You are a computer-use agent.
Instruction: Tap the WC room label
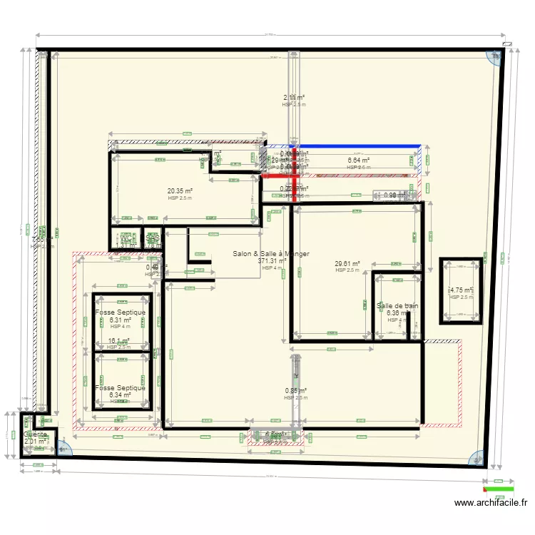pyautogui.click(x=126, y=239)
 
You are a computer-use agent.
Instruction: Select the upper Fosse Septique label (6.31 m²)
pyautogui.click(x=120, y=312)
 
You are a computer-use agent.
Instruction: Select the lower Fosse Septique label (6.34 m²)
pyautogui.click(x=120, y=388)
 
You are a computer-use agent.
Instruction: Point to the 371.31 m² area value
pyautogui.click(x=272, y=261)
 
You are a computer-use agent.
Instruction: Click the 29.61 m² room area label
pyautogui.click(x=347, y=263)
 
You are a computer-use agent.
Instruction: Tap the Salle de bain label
pyautogui.click(x=397, y=306)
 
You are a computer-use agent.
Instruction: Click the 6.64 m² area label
pyautogui.click(x=358, y=160)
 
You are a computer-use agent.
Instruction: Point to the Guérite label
pyautogui.click(x=36, y=434)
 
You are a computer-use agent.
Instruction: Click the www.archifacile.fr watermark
pyautogui.click(x=493, y=503)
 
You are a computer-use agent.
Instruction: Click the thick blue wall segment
pyautogui.click(x=357, y=146)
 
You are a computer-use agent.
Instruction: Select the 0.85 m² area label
pyautogui.click(x=295, y=391)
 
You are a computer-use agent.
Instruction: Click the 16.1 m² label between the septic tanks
pyautogui.click(x=118, y=341)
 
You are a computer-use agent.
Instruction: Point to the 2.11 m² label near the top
pyautogui.click(x=294, y=98)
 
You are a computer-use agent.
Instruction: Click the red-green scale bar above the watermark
pyautogui.click(x=499, y=489)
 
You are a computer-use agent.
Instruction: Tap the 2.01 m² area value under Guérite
pyautogui.click(x=35, y=442)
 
